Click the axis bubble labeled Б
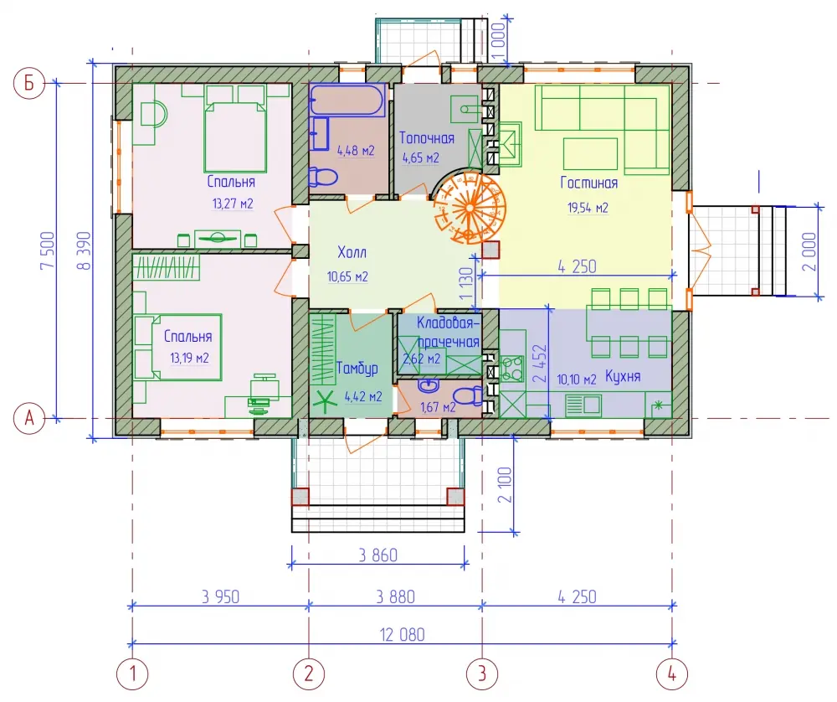pyautogui.click(x=28, y=83)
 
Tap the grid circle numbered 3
pyautogui.click(x=482, y=674)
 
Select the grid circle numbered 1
pyautogui.click(x=132, y=674)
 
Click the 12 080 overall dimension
pyautogui.click(x=402, y=635)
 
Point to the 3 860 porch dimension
pyautogui.click(x=378, y=555)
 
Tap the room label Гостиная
pyautogui.click(x=588, y=183)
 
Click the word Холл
pyautogui.click(x=352, y=252)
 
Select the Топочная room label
pyautogui.click(x=427, y=138)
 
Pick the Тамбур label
pyautogui.click(x=357, y=369)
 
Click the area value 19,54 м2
pyautogui.click(x=588, y=208)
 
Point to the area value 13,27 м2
pyautogui.click(x=233, y=204)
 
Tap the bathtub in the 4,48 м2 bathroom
pyautogui.click(x=347, y=101)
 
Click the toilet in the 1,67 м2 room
pyautogui.click(x=468, y=396)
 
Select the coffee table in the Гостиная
pyautogui.click(x=590, y=154)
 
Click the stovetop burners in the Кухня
pyautogui.click(x=511, y=368)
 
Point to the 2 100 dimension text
pyautogui.click(x=505, y=485)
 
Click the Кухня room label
pyautogui.click(x=623, y=377)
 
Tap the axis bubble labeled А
pyautogui.click(x=28, y=418)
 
